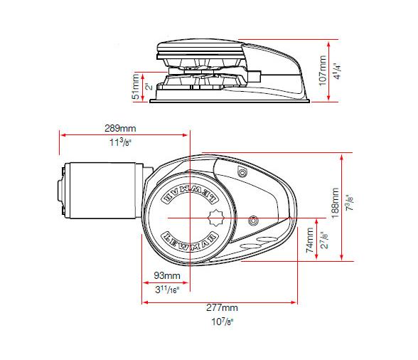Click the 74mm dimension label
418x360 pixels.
click(310, 240)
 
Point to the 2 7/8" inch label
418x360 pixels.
click(323, 240)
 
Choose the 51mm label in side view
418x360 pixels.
click(136, 87)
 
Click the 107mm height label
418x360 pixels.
click(323, 71)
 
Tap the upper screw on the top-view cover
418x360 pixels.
click(243, 174)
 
